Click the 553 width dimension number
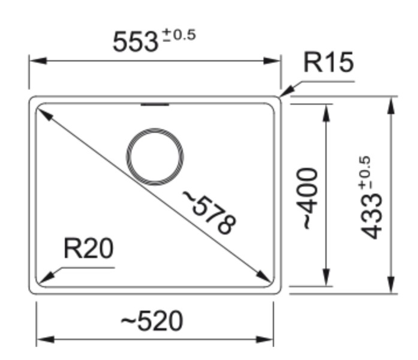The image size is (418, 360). click(x=136, y=41)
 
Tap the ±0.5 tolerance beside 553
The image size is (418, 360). click(x=178, y=35)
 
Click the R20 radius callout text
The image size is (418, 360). click(x=88, y=249)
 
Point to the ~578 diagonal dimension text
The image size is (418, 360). click(x=210, y=212)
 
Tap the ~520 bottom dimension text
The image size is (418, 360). click(x=152, y=321)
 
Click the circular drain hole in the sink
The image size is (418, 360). click(x=155, y=157)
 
